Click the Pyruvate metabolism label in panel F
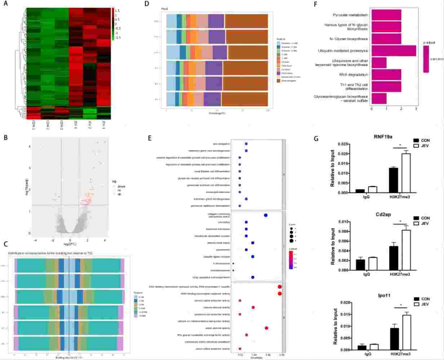click(350, 15)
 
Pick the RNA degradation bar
click(386, 75)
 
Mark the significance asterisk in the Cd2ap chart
click(400, 221)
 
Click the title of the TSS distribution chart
click(53, 253)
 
